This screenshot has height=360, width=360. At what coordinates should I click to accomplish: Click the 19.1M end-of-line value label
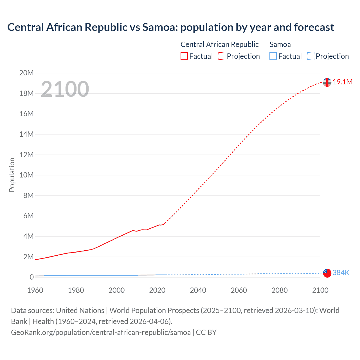point(342,82)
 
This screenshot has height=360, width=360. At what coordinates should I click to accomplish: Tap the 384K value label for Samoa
point(341,273)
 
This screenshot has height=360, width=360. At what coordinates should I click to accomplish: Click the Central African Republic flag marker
point(327,82)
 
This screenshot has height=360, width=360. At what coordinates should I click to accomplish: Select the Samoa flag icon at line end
point(327,273)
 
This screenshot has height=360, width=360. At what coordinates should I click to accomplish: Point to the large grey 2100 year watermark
point(65,89)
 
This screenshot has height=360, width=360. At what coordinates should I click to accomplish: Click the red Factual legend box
point(184,56)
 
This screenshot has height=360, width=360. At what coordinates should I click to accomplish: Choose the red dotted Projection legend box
point(222,56)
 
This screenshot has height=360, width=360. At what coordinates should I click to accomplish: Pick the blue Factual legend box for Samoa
point(273,56)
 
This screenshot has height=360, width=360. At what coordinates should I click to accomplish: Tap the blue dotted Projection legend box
point(310,56)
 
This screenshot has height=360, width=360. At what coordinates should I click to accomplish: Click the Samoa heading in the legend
point(280,44)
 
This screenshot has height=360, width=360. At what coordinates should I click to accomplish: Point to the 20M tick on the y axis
point(26,73)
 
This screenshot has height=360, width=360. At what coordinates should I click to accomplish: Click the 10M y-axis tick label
point(26,175)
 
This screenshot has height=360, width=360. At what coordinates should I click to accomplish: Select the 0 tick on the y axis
point(31,277)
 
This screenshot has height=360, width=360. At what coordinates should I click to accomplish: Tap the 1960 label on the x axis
point(35,290)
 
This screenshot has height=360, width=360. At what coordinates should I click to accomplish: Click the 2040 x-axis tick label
point(198,290)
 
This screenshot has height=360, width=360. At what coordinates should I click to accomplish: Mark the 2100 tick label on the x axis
point(320,290)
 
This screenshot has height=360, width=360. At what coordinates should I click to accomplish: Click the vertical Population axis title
point(12,175)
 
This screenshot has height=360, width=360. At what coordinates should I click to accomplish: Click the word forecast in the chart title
point(314,27)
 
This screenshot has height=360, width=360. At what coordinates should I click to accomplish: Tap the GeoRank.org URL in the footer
point(101,332)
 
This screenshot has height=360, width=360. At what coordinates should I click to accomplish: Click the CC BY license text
point(206,332)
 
